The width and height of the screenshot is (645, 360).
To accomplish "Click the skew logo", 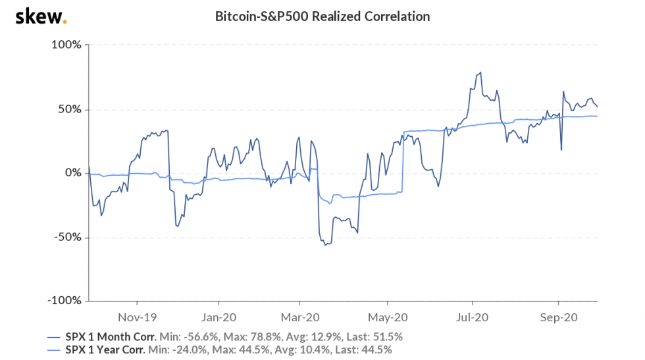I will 40,16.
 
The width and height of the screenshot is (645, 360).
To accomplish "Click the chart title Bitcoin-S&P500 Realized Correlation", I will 322,16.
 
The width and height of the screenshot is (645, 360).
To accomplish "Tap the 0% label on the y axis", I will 72,173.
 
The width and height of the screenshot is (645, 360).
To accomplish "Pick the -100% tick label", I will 64,301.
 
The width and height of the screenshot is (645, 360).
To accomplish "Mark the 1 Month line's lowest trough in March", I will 324,245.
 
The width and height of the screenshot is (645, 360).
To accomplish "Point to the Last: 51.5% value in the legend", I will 374,336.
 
